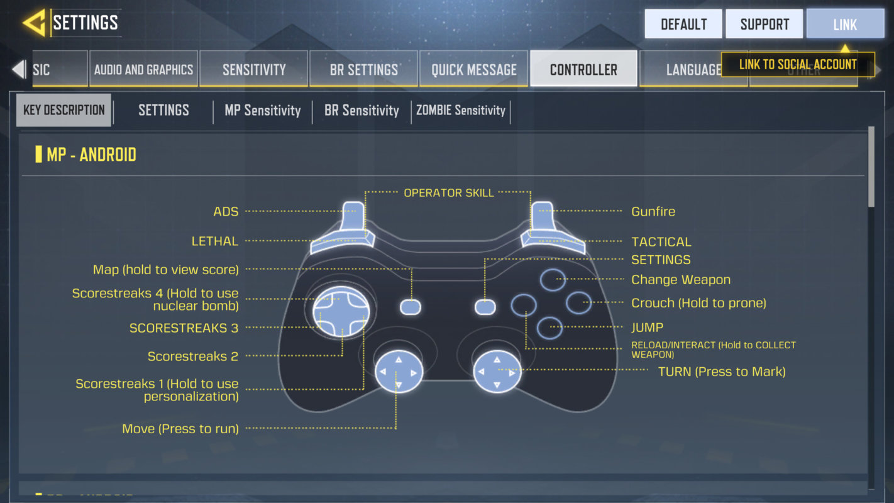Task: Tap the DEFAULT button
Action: [683, 24]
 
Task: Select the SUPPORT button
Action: [764, 24]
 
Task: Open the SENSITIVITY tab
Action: [254, 69]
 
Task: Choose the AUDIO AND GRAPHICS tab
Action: [143, 69]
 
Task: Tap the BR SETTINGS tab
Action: [364, 69]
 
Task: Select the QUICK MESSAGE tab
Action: [474, 69]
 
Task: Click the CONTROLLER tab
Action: [583, 69]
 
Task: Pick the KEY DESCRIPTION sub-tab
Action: [64, 110]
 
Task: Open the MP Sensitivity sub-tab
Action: [263, 111]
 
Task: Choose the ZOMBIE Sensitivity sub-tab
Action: [461, 111]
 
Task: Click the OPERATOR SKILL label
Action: [448, 193]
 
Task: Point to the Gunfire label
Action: [653, 212]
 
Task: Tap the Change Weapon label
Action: [681, 280]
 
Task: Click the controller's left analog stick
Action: [399, 372]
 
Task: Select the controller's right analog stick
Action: [497, 372]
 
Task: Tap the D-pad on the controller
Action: [340, 312]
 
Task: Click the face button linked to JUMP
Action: [549, 328]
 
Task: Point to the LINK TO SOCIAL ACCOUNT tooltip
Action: [797, 64]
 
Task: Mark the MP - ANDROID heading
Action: [91, 155]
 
